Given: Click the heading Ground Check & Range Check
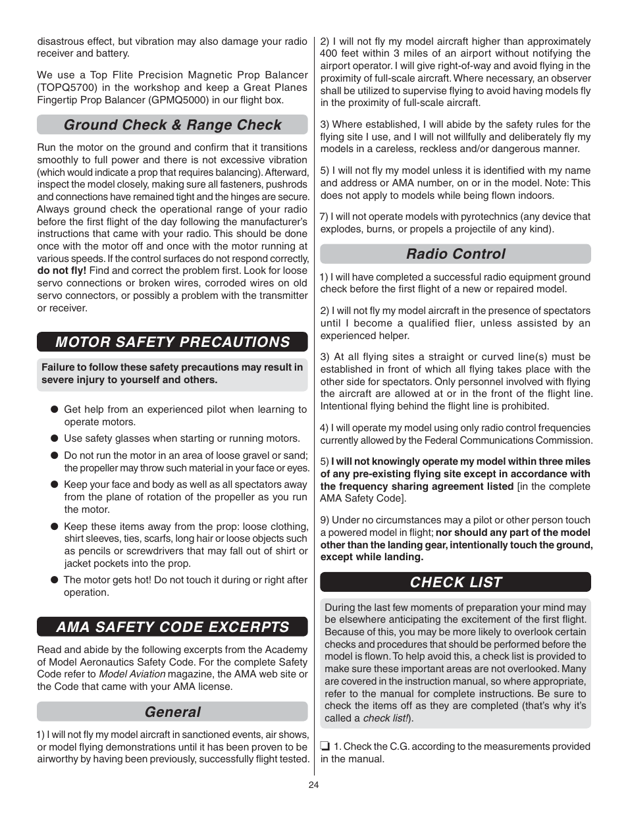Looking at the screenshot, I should [172, 125].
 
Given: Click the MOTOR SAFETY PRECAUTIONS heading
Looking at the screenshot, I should [172, 342].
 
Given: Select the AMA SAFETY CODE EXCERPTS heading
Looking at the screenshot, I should [172, 627].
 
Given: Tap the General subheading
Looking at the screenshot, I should [172, 712].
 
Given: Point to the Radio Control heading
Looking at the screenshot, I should [456, 254].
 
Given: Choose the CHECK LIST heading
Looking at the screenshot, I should [456, 582].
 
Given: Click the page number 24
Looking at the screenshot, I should [314, 784].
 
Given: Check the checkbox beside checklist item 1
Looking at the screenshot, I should [325, 747].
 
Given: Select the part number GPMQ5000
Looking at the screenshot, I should [174, 100].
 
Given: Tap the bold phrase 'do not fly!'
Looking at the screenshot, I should [61, 271].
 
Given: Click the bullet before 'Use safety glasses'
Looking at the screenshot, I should [55, 438].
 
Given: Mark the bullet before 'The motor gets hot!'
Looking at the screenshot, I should [55, 580].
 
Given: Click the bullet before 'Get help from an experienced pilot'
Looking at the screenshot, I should [55, 409].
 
